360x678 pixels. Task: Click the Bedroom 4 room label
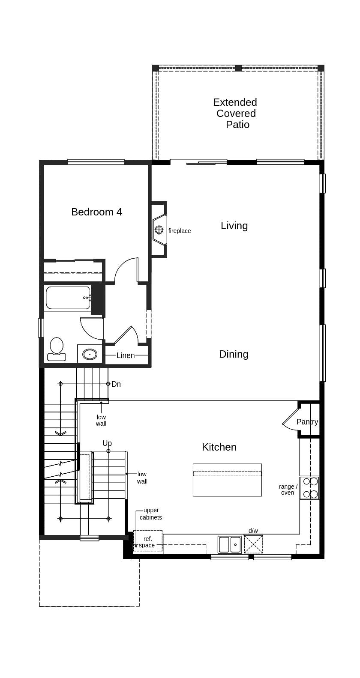96,212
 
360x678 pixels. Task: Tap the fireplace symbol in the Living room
159,230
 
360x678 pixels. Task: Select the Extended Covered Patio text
235,113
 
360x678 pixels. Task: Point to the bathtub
67,298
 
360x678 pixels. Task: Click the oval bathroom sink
90,354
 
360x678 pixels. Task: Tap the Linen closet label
126,355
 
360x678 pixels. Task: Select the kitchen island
227,480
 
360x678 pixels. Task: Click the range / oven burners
309,488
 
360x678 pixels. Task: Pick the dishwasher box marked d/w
253,544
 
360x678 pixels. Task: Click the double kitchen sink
230,545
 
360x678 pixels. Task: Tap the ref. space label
147,542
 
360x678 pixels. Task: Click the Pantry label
307,422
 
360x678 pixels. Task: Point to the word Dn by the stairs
116,384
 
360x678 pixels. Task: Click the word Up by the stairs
107,443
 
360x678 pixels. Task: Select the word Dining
234,354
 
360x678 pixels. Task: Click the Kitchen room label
219,447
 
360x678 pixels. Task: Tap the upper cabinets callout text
151,514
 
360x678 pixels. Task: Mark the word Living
234,226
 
